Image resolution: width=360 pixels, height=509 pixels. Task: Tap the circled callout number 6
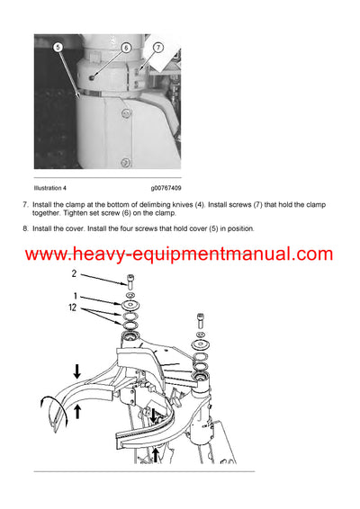[125, 47]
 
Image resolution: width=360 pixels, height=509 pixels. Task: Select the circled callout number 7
[157, 47]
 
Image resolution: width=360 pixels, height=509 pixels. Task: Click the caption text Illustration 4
[50, 188]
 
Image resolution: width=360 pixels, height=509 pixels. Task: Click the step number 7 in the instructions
[24, 205]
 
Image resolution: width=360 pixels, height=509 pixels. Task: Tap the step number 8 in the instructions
[24, 228]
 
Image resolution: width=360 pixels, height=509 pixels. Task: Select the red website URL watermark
[179, 254]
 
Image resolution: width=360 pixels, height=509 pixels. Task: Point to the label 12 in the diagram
[76, 309]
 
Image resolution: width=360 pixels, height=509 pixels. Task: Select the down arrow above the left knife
[78, 371]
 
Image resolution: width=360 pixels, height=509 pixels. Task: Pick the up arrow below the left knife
[78, 413]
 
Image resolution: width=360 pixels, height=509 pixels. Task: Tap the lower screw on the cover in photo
[126, 162]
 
